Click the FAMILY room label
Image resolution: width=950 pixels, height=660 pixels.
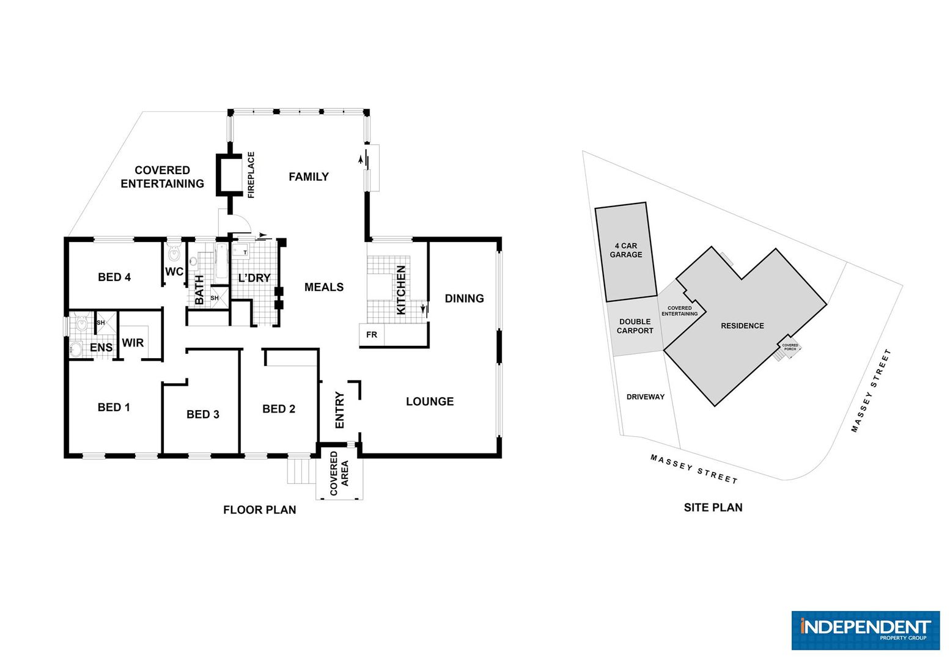click(309, 177)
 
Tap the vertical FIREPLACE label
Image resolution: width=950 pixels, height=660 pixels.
click(251, 175)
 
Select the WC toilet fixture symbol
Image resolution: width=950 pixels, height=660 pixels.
click(174, 253)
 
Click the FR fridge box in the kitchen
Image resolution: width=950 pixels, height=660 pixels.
click(372, 335)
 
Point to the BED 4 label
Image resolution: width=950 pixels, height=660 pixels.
click(114, 277)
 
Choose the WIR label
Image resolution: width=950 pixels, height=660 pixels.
click(133, 342)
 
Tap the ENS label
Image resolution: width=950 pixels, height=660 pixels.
click(101, 348)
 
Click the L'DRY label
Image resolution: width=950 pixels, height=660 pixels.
click(254, 278)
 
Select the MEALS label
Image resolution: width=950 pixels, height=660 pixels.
click(324, 287)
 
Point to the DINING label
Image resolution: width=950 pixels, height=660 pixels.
click(465, 298)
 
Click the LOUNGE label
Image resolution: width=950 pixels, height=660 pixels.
click(430, 402)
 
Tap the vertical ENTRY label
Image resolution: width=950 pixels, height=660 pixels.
click(340, 410)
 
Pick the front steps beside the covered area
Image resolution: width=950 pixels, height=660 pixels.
click(301, 471)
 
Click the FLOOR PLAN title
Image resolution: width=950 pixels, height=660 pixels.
click(260, 510)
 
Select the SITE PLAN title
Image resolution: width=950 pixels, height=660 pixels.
click(713, 507)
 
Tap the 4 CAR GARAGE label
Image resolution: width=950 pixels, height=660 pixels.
click(626, 250)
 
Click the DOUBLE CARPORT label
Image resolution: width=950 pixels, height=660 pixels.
click(635, 326)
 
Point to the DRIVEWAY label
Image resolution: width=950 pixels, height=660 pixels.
click(646, 397)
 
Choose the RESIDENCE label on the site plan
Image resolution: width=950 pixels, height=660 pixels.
click(742, 326)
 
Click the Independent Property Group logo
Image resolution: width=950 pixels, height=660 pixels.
click(866, 630)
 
